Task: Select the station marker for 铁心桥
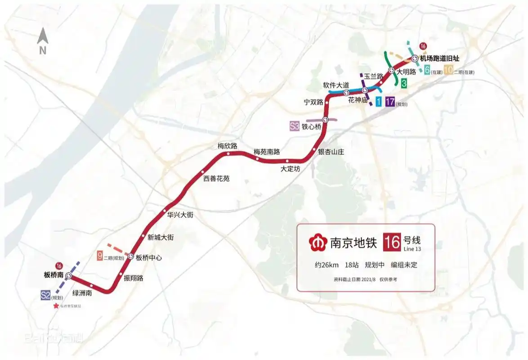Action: (325, 119)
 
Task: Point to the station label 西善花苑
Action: (216, 179)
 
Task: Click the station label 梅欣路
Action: (227, 146)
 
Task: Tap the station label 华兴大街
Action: (180, 215)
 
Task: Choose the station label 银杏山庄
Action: (331, 152)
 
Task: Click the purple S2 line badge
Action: (45, 295)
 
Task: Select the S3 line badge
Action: (294, 126)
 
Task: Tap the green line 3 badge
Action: (404, 83)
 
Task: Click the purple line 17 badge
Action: (389, 102)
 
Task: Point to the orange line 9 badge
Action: (99, 256)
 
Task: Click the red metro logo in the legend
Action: (318, 243)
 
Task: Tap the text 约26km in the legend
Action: (326, 265)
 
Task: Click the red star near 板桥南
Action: (56, 306)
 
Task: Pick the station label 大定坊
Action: (290, 169)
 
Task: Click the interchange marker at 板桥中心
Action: (130, 256)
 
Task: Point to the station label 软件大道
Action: (336, 85)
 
